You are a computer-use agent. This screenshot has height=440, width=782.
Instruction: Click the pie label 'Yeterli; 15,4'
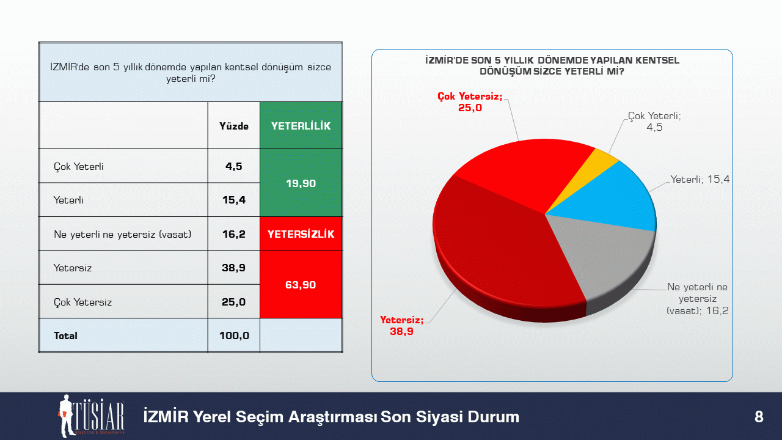[700, 180]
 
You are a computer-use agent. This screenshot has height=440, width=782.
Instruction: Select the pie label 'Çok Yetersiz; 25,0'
[470, 102]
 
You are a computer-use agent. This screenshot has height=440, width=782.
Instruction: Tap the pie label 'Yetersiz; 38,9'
[401, 326]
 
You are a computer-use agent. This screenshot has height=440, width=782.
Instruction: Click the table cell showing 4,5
[233, 166]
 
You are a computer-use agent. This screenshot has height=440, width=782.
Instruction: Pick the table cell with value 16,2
[233, 234]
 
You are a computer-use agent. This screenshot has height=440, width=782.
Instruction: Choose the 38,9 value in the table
[233, 268]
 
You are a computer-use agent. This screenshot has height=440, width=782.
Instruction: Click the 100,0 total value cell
[234, 335]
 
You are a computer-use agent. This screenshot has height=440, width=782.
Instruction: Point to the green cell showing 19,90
[301, 183]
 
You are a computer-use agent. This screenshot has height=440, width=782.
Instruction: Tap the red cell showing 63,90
[301, 285]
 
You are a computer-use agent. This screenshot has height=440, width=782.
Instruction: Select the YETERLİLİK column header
[301, 126]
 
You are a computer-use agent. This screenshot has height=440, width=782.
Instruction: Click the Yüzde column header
[233, 126]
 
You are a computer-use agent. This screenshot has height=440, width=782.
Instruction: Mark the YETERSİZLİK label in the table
[301, 234]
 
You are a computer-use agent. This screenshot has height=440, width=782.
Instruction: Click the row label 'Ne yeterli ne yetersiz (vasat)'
[123, 234]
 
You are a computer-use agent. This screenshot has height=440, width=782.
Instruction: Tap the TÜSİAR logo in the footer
[92, 416]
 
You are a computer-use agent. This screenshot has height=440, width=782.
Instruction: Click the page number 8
[759, 417]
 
